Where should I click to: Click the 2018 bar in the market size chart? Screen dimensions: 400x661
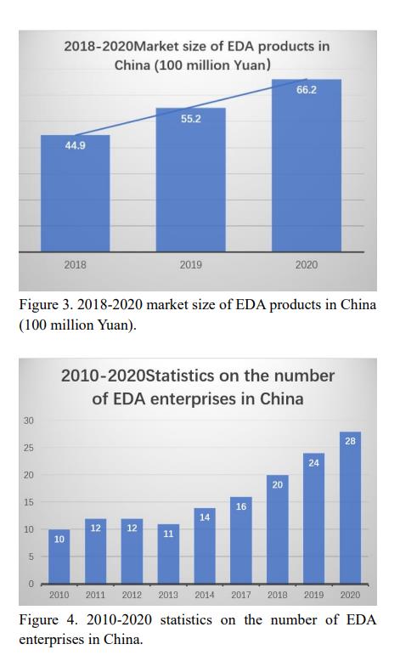[75, 193]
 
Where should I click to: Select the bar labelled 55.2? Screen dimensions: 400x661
[190, 179]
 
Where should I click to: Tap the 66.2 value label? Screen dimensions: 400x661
[306, 90]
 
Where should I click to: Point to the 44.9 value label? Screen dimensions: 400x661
[75, 145]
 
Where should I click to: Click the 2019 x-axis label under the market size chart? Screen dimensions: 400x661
[190, 265]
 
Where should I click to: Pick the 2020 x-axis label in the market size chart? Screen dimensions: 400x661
[306, 265]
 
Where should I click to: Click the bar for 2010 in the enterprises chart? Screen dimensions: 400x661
[59, 556]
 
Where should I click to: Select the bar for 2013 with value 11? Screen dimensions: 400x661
[168, 554]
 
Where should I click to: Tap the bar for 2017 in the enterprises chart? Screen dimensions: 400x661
[241, 540]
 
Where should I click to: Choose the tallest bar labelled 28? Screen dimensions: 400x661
[350, 507]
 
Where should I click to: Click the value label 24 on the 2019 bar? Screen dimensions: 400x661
[313, 463]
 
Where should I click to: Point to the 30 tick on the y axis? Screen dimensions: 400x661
[29, 421]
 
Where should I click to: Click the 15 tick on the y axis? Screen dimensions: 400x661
[29, 502]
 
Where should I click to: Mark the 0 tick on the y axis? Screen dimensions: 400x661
[31, 584]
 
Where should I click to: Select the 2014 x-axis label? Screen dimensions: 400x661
[205, 595]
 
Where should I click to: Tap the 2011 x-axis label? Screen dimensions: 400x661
[95, 595]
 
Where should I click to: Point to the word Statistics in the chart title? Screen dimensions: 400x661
[179, 376]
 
